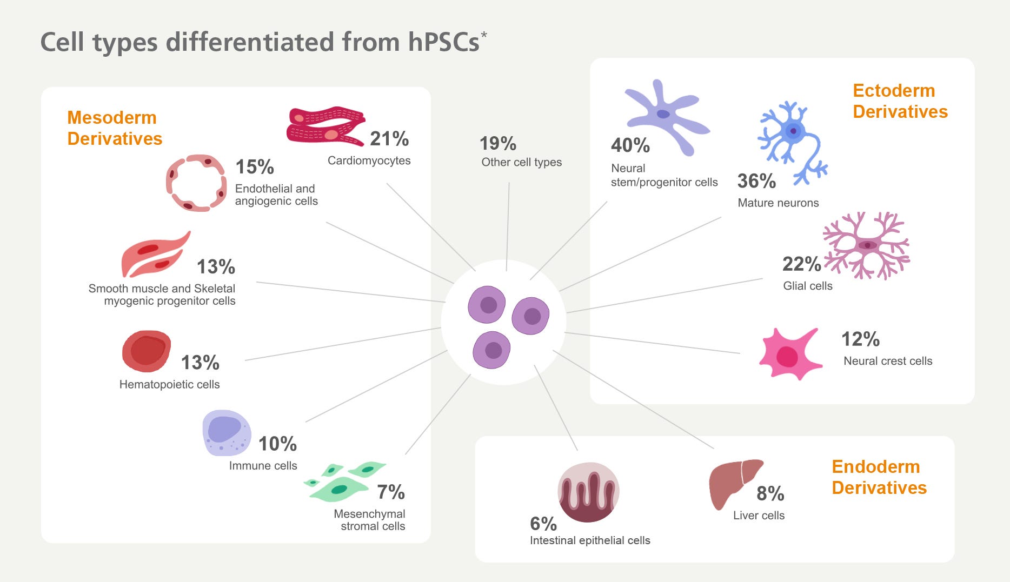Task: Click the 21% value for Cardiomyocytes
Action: click(x=389, y=139)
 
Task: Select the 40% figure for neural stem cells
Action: click(x=630, y=145)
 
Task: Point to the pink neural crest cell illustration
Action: click(x=789, y=354)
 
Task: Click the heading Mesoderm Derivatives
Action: click(x=115, y=128)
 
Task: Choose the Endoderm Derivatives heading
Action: click(x=879, y=477)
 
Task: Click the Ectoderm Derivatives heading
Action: click(x=900, y=101)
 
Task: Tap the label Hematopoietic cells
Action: click(x=169, y=384)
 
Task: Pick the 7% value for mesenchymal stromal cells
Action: click(x=391, y=492)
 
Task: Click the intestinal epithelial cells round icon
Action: click(x=588, y=492)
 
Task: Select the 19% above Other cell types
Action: click(x=498, y=144)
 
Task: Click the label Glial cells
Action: click(x=808, y=286)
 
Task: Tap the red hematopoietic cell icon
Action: click(x=147, y=351)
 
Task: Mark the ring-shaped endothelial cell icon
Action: click(x=196, y=183)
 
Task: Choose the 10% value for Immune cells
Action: click(x=277, y=444)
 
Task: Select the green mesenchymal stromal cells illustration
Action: click(x=345, y=481)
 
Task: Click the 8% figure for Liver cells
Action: click(x=770, y=493)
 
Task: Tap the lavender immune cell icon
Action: click(x=227, y=433)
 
